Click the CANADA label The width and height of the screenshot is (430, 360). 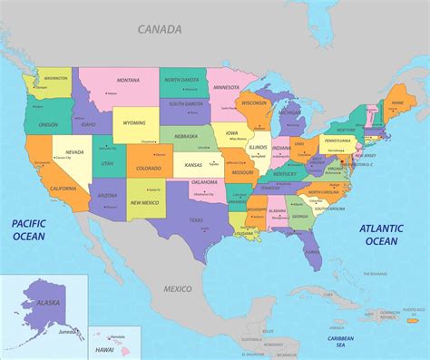[x=160, y=29]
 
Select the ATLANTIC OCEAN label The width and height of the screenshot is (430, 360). [x=381, y=235]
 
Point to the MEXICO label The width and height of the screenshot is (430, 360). [x=178, y=288]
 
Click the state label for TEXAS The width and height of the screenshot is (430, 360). [x=195, y=220]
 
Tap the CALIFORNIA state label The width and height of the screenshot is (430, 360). [x=64, y=188]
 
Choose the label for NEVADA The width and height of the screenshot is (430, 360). [x=74, y=151]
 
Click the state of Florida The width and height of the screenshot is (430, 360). [x=312, y=252]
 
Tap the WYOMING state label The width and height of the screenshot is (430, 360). [x=134, y=122]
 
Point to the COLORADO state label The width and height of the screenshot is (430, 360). [x=148, y=168]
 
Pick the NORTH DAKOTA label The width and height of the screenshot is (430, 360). [x=182, y=80]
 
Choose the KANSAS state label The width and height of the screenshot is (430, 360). [x=193, y=166]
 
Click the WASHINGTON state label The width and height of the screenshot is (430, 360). [x=56, y=78]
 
